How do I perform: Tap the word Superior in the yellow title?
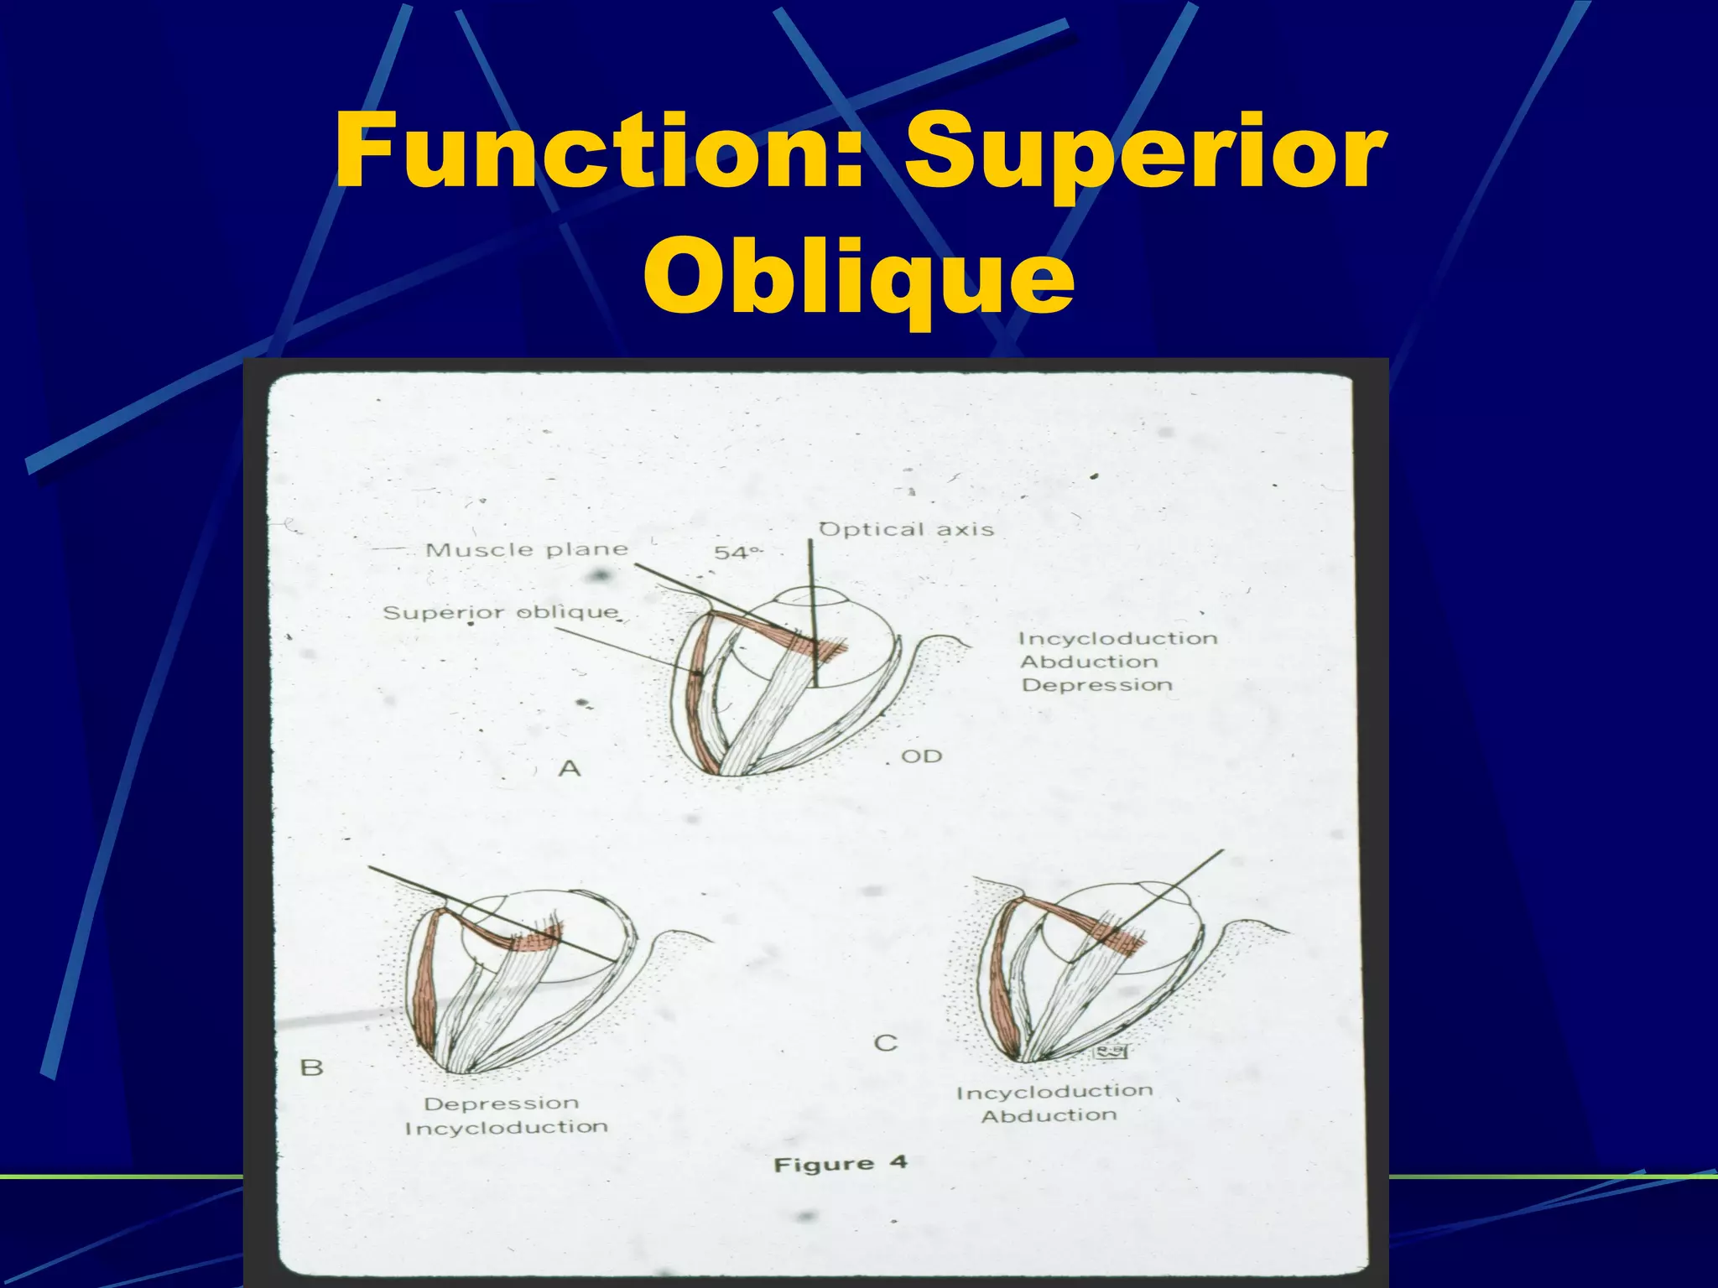(x=1144, y=153)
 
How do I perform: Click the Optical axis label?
(x=906, y=529)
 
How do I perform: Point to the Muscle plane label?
(x=527, y=550)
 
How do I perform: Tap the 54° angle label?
(x=737, y=552)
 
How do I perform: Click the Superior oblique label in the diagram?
(x=501, y=612)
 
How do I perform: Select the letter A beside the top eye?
(x=570, y=767)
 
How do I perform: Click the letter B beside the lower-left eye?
(x=311, y=1067)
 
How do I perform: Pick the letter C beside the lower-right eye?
(x=886, y=1043)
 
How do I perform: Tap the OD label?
(x=921, y=756)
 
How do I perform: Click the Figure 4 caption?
(x=840, y=1164)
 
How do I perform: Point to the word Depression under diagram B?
(x=501, y=1104)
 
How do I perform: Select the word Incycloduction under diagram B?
(x=506, y=1128)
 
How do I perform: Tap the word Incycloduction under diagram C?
(x=1054, y=1092)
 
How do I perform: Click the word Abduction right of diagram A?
(x=1089, y=662)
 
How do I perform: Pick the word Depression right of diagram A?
(x=1096, y=685)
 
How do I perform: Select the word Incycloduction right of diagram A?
(x=1117, y=638)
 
